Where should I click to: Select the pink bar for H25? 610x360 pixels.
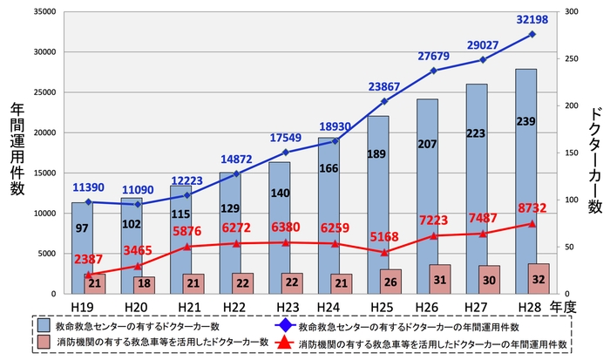click(391, 282)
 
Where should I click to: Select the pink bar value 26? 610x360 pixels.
click(391, 282)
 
